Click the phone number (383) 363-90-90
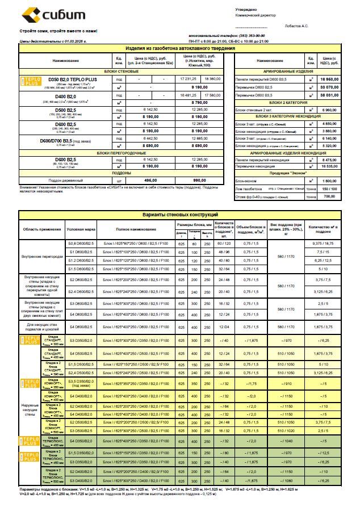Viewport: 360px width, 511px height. (x=220, y=35)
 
